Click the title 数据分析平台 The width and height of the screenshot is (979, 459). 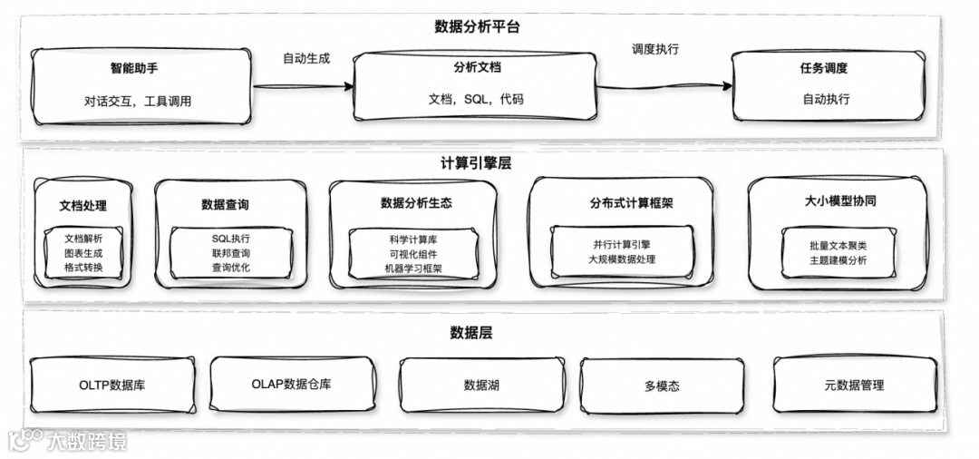click(x=477, y=26)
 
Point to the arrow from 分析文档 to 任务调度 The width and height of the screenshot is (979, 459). click(x=667, y=87)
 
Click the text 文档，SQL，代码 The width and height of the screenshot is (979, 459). click(x=476, y=99)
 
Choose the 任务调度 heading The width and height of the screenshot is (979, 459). click(x=824, y=68)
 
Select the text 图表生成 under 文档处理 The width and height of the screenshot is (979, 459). click(x=82, y=253)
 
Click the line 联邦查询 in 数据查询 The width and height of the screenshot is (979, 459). click(x=231, y=253)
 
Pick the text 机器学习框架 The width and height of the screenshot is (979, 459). click(x=412, y=269)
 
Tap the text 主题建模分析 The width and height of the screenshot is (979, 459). click(x=838, y=261)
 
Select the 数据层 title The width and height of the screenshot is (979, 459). click(x=470, y=333)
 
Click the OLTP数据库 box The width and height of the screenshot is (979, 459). click(x=112, y=385)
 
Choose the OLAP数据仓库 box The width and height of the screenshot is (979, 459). click(x=291, y=385)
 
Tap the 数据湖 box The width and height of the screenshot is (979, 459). click(x=480, y=386)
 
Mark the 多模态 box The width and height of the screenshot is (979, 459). click(x=662, y=386)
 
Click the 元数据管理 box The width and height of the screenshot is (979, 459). click(x=853, y=386)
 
